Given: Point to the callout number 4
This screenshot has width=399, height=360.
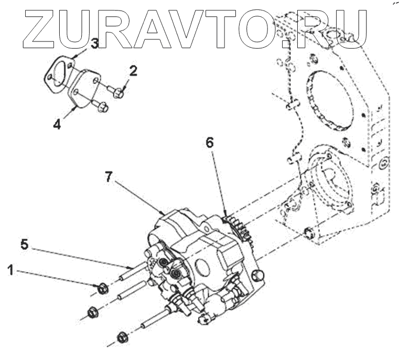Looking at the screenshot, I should tap(57, 125).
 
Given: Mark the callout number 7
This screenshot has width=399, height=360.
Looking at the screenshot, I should tap(108, 177).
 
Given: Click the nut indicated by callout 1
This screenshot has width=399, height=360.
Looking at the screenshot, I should tap(102, 288).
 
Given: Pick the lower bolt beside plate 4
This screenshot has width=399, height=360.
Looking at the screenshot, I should tap(103, 108).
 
